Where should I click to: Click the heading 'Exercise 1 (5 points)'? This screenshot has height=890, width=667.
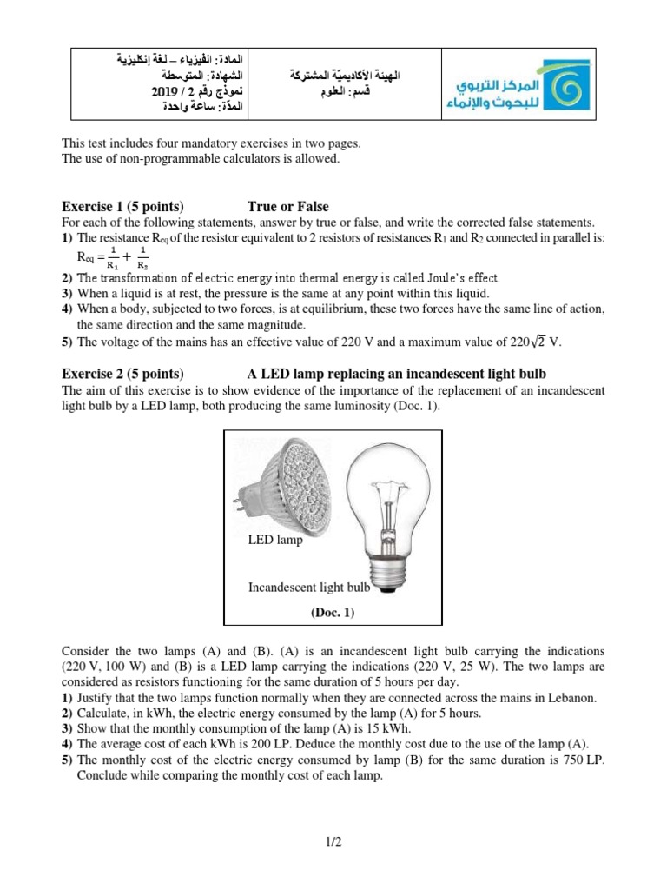pyautogui.click(x=122, y=206)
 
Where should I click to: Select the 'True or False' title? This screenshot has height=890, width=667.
pyautogui.click(x=288, y=206)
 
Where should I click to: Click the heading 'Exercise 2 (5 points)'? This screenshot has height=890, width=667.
pyautogui.click(x=122, y=375)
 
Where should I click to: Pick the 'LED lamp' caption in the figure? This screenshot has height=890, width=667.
pyautogui.click(x=275, y=540)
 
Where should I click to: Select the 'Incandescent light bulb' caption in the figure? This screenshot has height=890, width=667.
pyautogui.click(x=309, y=588)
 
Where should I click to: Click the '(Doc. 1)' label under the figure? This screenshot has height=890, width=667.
pyautogui.click(x=333, y=612)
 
